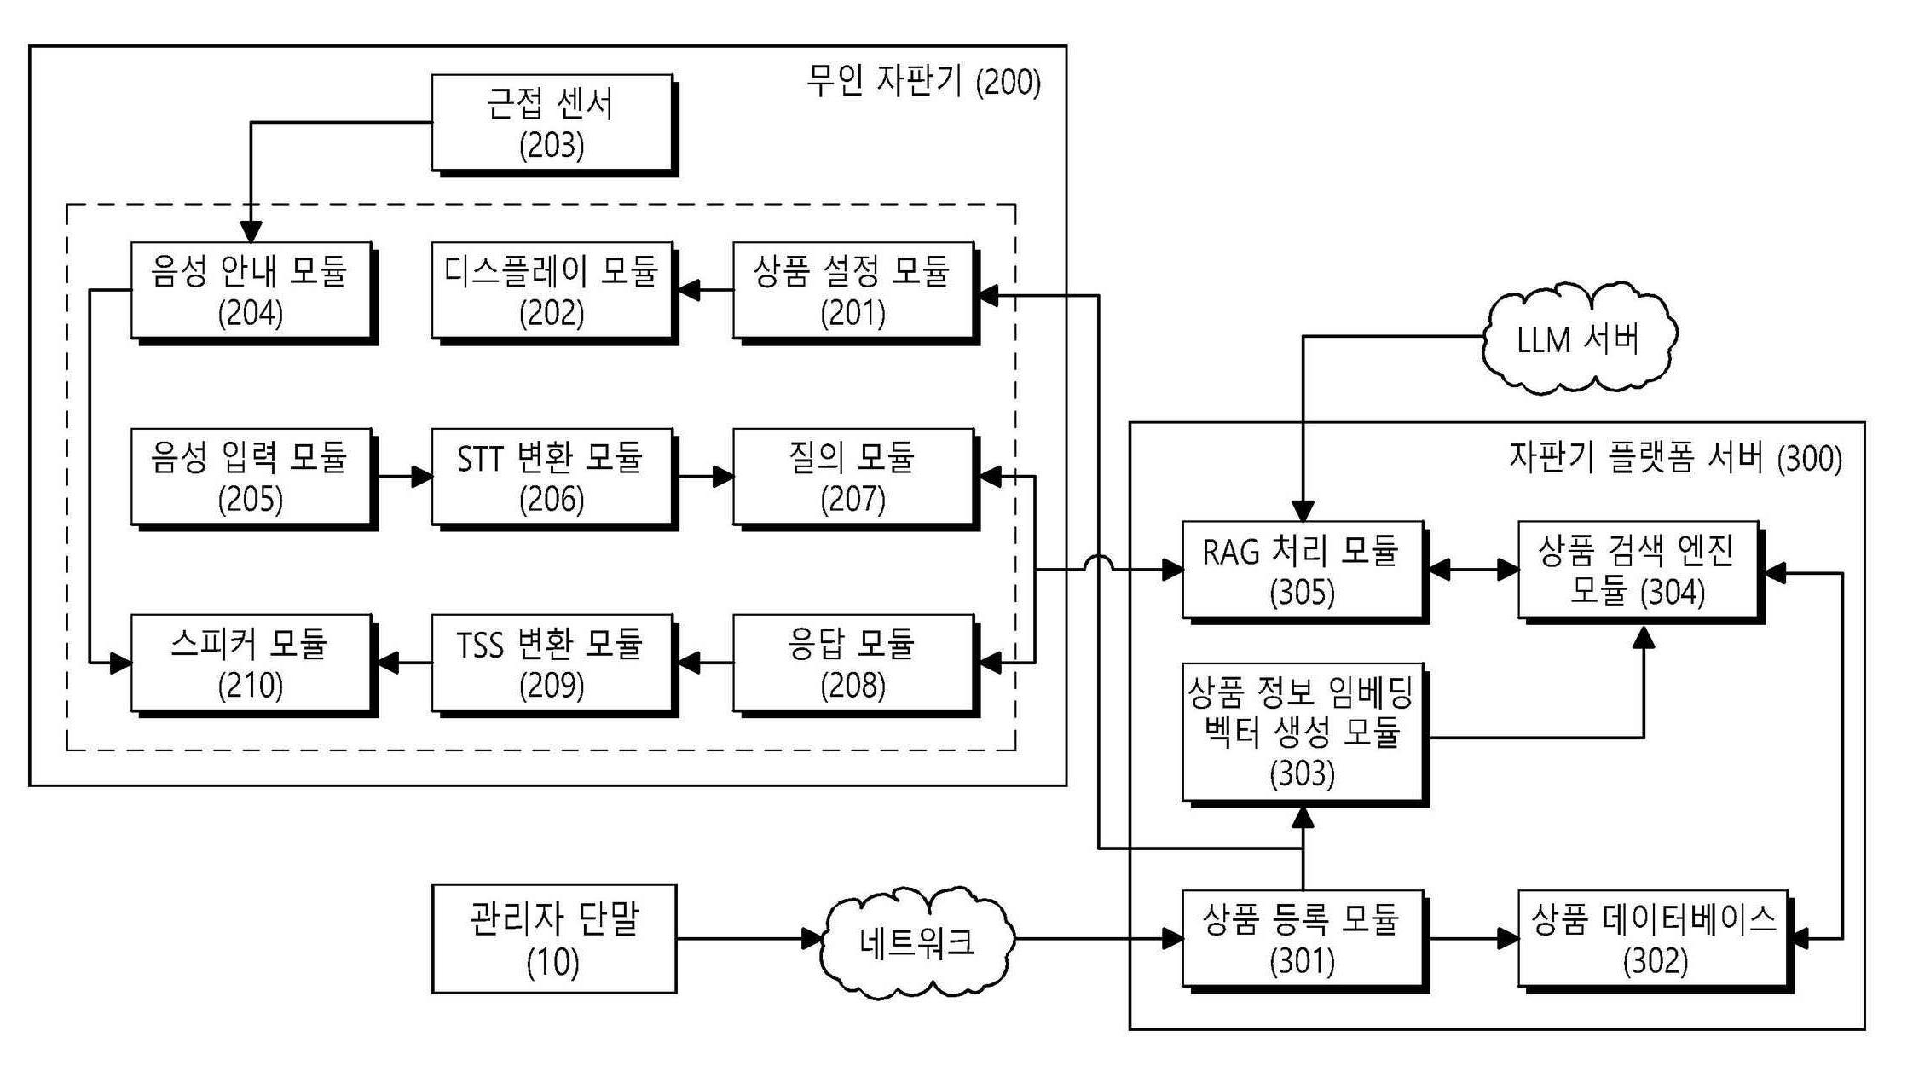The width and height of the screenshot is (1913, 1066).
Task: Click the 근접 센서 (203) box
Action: (552, 123)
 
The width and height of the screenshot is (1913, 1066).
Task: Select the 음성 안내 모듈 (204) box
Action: (251, 291)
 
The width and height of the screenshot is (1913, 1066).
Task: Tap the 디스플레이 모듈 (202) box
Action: (552, 291)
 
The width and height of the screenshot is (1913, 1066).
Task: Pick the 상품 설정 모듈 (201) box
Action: (852, 291)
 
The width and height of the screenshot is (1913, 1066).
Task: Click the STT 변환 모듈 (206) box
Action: (552, 477)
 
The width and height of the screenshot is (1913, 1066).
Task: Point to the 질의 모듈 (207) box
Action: (852, 477)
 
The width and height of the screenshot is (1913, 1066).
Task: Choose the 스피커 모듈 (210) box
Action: (251, 663)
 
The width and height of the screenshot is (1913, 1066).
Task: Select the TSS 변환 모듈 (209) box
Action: (552, 663)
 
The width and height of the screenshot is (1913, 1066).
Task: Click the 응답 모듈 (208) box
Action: (852, 663)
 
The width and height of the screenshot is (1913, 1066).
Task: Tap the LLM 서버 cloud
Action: (1578, 339)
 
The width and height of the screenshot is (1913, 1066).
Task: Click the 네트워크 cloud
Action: (916, 941)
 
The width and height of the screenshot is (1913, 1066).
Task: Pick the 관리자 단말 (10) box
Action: (553, 939)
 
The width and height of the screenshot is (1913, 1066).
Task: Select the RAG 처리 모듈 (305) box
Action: (1302, 570)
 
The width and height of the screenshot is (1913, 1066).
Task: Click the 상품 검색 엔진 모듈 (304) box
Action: (1638, 570)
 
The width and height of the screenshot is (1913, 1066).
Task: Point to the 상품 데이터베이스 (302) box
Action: (1654, 939)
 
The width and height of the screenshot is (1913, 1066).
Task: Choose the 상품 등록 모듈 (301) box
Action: (1302, 939)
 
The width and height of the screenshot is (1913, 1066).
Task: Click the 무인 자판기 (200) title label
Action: (923, 82)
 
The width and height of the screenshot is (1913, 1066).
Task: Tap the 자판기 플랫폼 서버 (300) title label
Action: (1675, 458)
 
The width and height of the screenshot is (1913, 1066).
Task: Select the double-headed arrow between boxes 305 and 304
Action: (1471, 570)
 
